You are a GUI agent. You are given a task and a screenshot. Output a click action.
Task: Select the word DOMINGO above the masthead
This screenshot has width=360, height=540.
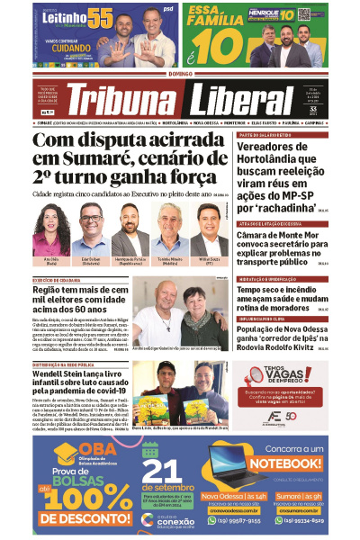pos(180,76)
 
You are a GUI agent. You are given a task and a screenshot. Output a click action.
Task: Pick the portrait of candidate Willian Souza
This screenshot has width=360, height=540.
pos(209,230)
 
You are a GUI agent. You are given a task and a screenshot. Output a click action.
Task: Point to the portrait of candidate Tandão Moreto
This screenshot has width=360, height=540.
pos(169,230)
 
